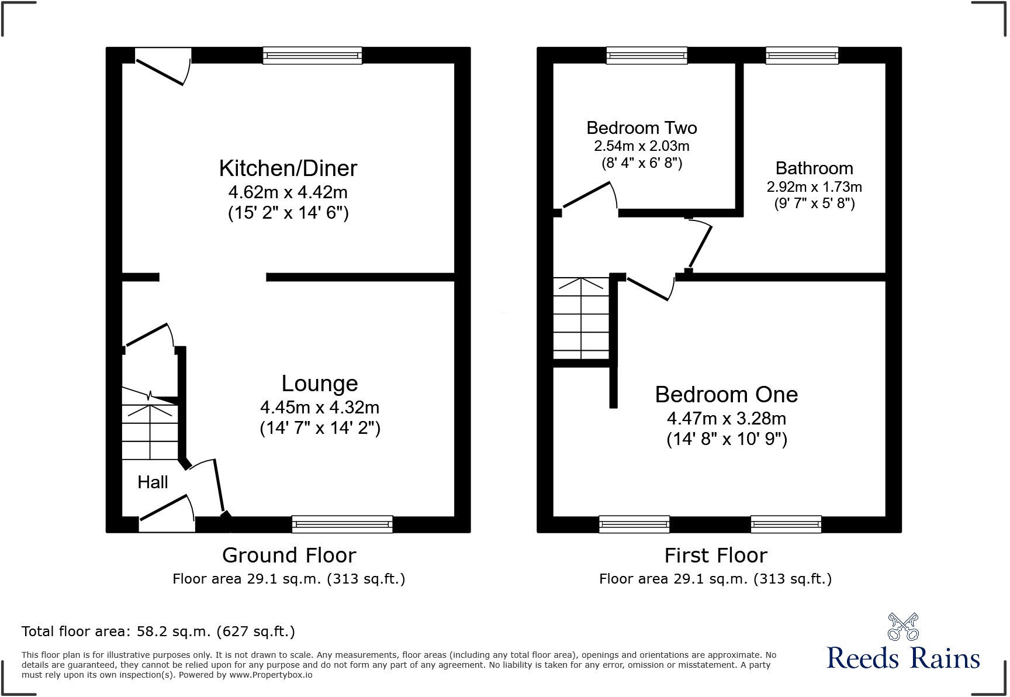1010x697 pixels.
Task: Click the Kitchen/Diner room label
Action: click(x=288, y=168)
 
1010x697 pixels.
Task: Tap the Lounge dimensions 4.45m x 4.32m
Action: click(x=320, y=407)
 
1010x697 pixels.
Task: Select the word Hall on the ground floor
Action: click(x=153, y=482)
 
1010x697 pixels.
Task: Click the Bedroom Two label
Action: click(x=641, y=127)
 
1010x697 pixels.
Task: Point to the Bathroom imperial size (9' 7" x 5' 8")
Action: click(x=814, y=203)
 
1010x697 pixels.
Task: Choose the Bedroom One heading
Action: click(x=726, y=395)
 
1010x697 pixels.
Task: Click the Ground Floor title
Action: click(x=289, y=555)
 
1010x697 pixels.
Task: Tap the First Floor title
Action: click(x=715, y=555)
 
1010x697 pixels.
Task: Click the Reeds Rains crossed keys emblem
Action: click(x=902, y=627)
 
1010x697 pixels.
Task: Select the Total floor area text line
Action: click(x=158, y=632)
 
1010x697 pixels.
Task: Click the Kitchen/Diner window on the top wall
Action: click(x=312, y=56)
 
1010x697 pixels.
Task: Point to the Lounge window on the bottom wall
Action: click(x=342, y=525)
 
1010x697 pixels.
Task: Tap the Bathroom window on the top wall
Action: click(x=802, y=56)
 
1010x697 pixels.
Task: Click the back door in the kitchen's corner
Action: click(x=164, y=67)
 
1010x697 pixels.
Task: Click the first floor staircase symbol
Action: click(x=582, y=319)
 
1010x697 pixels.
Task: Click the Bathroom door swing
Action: click(x=700, y=246)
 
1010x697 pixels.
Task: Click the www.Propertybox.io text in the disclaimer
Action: click(x=270, y=675)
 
